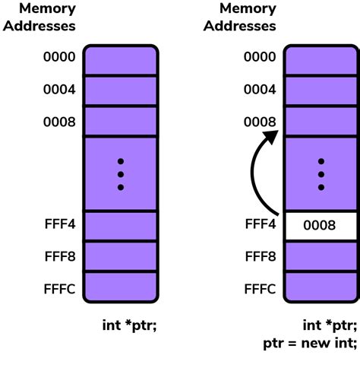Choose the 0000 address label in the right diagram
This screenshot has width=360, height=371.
(x=259, y=57)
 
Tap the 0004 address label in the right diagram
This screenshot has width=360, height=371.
(x=259, y=89)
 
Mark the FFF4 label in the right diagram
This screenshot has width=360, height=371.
(x=259, y=225)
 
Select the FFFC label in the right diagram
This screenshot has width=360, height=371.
(x=259, y=289)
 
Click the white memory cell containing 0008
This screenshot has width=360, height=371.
(x=321, y=226)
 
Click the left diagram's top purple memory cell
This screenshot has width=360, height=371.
(x=121, y=60)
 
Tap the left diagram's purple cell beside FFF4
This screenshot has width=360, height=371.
(x=121, y=226)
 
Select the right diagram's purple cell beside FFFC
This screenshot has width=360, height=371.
(x=321, y=287)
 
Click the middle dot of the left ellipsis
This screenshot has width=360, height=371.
(x=121, y=174)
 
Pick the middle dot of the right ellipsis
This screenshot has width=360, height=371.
(x=321, y=174)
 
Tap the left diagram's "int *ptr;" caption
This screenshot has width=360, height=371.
(x=130, y=325)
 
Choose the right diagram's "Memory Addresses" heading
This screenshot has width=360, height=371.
(x=248, y=17)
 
